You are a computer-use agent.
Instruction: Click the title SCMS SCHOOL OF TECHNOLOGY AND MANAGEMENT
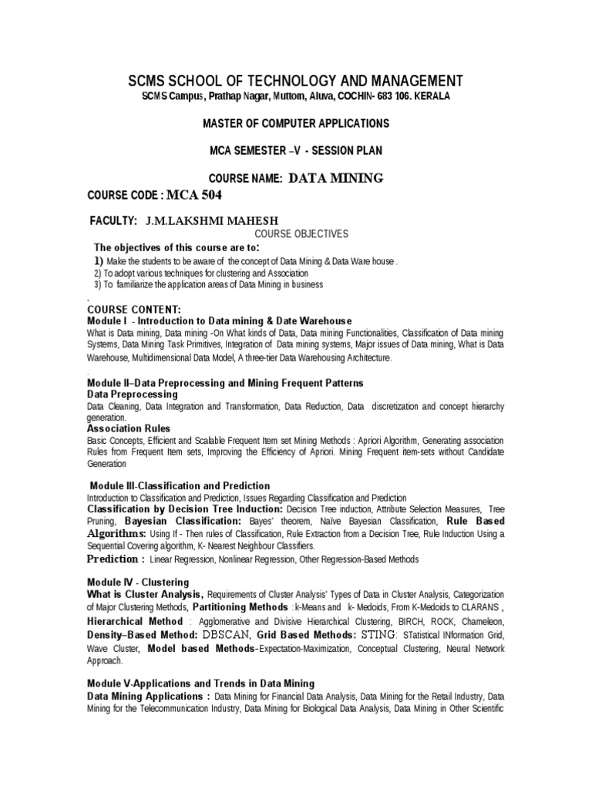pos(295,81)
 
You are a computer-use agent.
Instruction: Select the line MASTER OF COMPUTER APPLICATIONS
pos(295,123)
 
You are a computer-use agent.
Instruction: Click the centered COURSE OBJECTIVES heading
pos(301,233)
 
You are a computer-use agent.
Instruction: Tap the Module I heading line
pos(220,321)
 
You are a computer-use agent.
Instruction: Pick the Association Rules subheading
pos(129,428)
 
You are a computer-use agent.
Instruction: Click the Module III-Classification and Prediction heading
pos(180,486)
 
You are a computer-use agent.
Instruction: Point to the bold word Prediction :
pos(116,559)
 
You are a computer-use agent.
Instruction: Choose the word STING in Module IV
pos(378,635)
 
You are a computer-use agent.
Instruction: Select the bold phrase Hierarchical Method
pos(135,621)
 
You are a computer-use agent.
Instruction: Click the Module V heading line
pos(200,683)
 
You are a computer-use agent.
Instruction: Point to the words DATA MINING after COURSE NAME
pos(335,179)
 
